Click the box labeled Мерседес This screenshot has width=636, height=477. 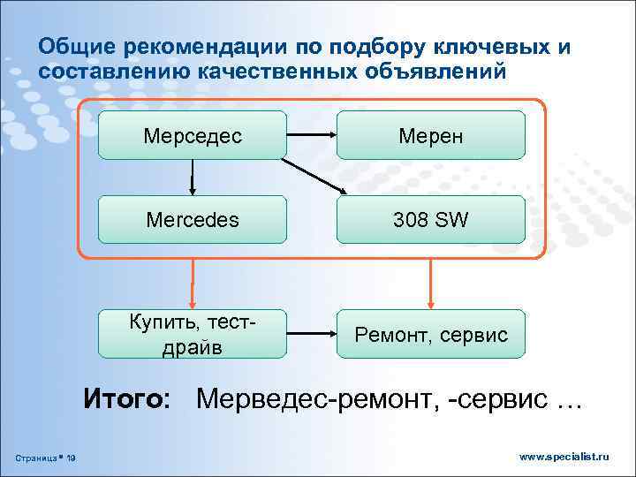click(x=192, y=135)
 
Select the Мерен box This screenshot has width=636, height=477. click(x=431, y=135)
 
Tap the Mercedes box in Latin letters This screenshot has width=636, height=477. click(x=192, y=220)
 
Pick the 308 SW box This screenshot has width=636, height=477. click(x=431, y=220)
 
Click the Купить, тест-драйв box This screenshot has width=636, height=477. click(x=192, y=334)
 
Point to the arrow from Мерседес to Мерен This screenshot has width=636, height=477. click(x=311, y=135)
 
